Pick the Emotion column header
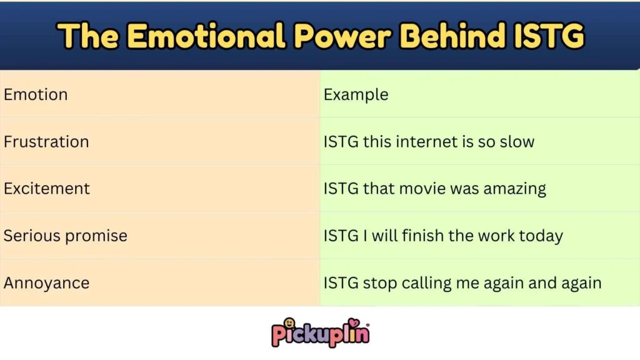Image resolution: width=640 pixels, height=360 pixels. click(x=36, y=94)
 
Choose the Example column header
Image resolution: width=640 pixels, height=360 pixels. click(x=356, y=94)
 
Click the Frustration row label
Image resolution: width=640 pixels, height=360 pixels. click(x=46, y=142)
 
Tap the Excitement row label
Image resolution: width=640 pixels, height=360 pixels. click(x=47, y=189)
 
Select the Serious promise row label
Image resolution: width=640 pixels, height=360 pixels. click(x=66, y=236)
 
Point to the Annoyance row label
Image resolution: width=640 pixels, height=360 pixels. click(x=46, y=282)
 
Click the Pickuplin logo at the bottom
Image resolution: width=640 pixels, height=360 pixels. click(x=320, y=332)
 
